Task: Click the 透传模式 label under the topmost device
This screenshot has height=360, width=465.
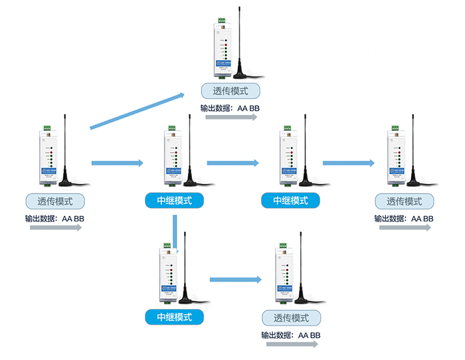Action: pos(231,91)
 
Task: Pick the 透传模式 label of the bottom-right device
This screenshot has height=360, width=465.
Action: pos(291,317)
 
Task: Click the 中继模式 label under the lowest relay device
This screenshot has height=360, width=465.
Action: pos(174,317)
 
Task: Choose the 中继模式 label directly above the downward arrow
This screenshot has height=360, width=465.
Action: pos(174,200)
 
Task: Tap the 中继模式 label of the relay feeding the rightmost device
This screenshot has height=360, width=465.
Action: pos(290,200)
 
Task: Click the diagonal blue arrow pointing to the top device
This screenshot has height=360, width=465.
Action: pos(138,109)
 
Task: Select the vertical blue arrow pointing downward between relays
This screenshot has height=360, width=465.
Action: pos(175,229)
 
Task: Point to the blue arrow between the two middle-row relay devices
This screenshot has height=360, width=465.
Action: pos(233,162)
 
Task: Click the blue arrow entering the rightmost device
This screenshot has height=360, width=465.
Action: pos(348,162)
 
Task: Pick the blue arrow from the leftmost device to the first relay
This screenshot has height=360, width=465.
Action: pos(117,162)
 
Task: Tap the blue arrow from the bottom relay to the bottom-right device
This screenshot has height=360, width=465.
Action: pos(233,280)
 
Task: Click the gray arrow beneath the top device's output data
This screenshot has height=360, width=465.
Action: pos(231,117)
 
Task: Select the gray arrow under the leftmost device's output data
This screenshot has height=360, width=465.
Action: pos(56,228)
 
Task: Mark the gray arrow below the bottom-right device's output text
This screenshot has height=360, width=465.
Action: pos(292,344)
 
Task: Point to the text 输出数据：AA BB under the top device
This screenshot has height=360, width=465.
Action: pos(231,107)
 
